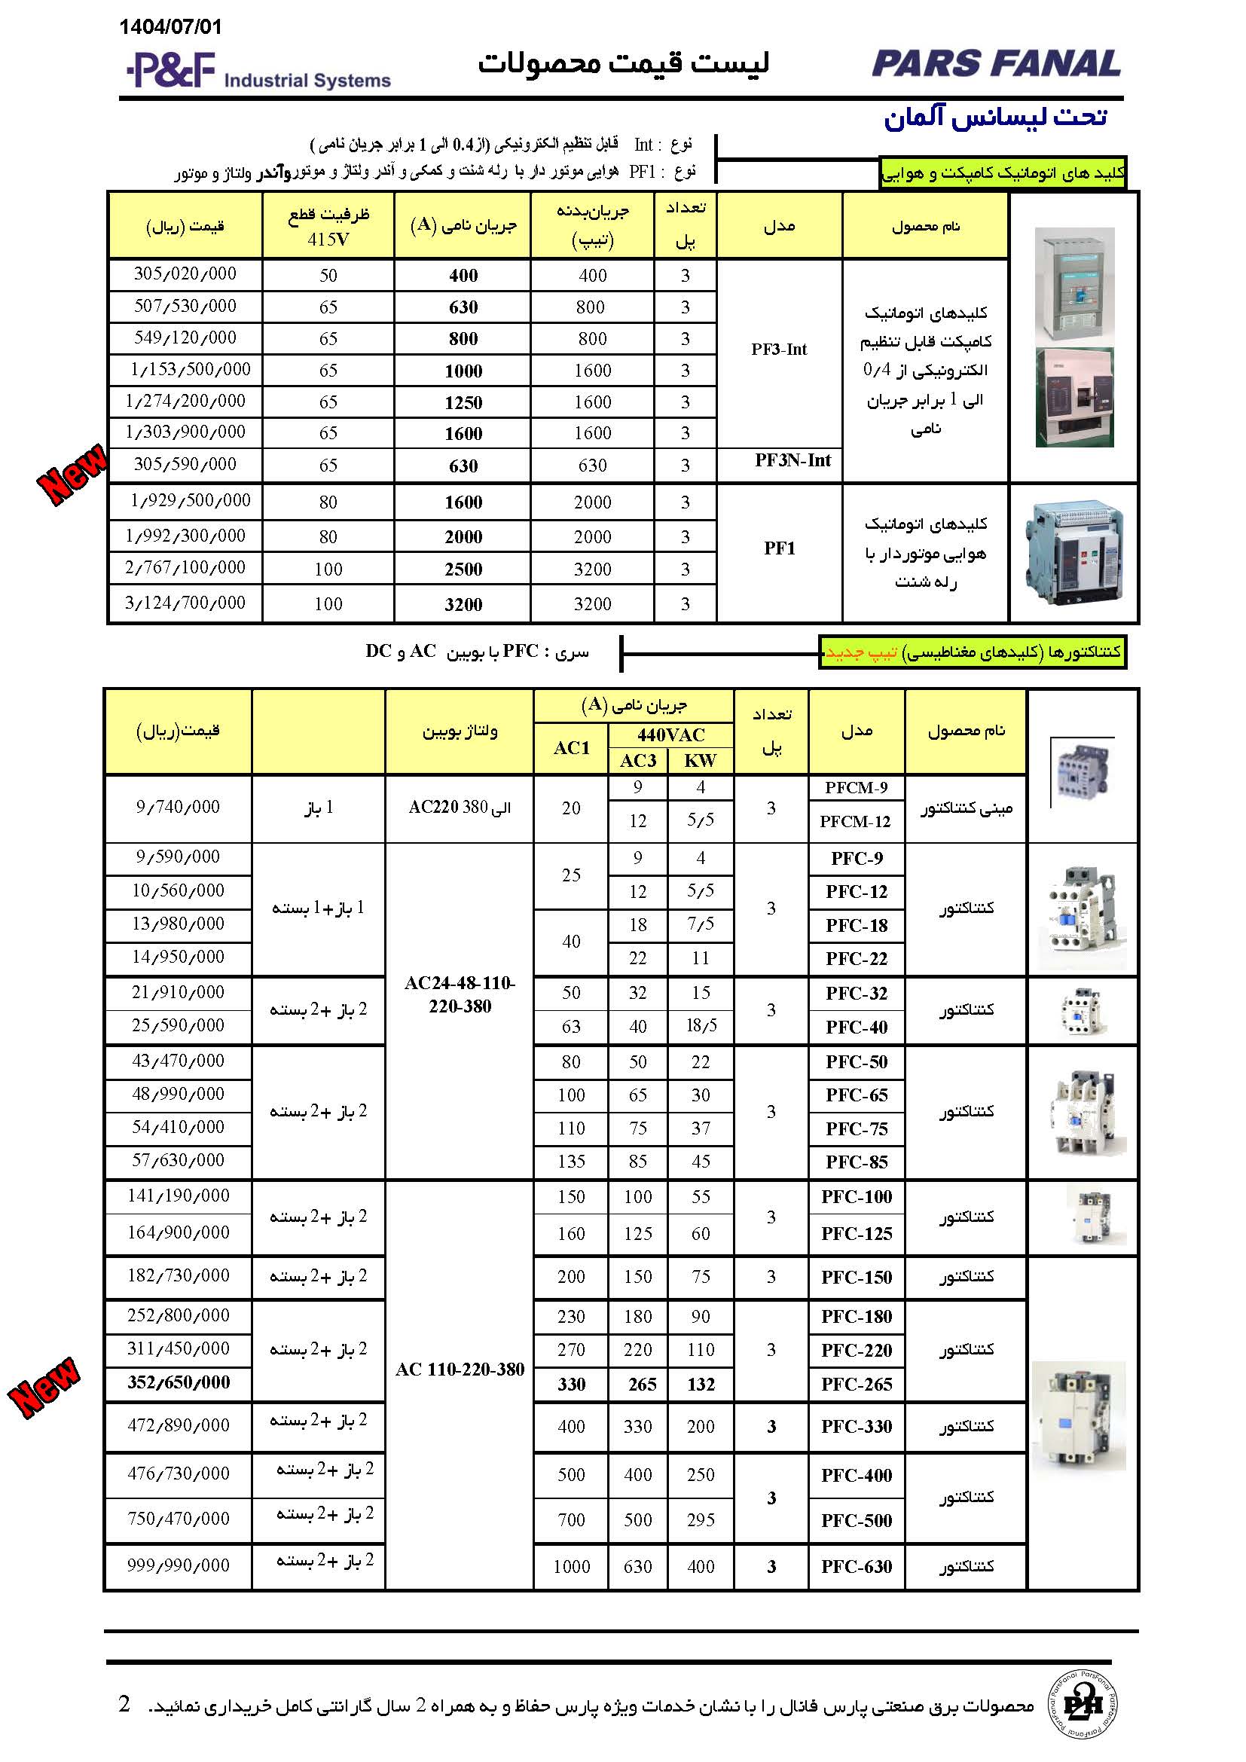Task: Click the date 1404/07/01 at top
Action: tap(170, 27)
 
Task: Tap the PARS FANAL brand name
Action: tap(996, 64)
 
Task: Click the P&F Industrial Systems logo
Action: tap(258, 71)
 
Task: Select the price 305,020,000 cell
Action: tap(185, 274)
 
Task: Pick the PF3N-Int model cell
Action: tap(792, 460)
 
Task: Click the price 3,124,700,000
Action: tap(185, 603)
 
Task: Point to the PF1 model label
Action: tap(779, 548)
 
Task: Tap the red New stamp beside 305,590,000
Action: tap(72, 474)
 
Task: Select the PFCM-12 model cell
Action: tap(855, 822)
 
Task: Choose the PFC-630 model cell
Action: tap(857, 1566)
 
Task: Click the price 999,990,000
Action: tap(178, 1565)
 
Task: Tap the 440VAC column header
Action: tap(670, 734)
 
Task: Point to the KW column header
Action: tap(700, 761)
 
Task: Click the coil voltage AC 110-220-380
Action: tap(460, 1369)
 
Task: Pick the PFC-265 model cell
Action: tap(857, 1384)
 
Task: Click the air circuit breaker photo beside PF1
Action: tap(1073, 552)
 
